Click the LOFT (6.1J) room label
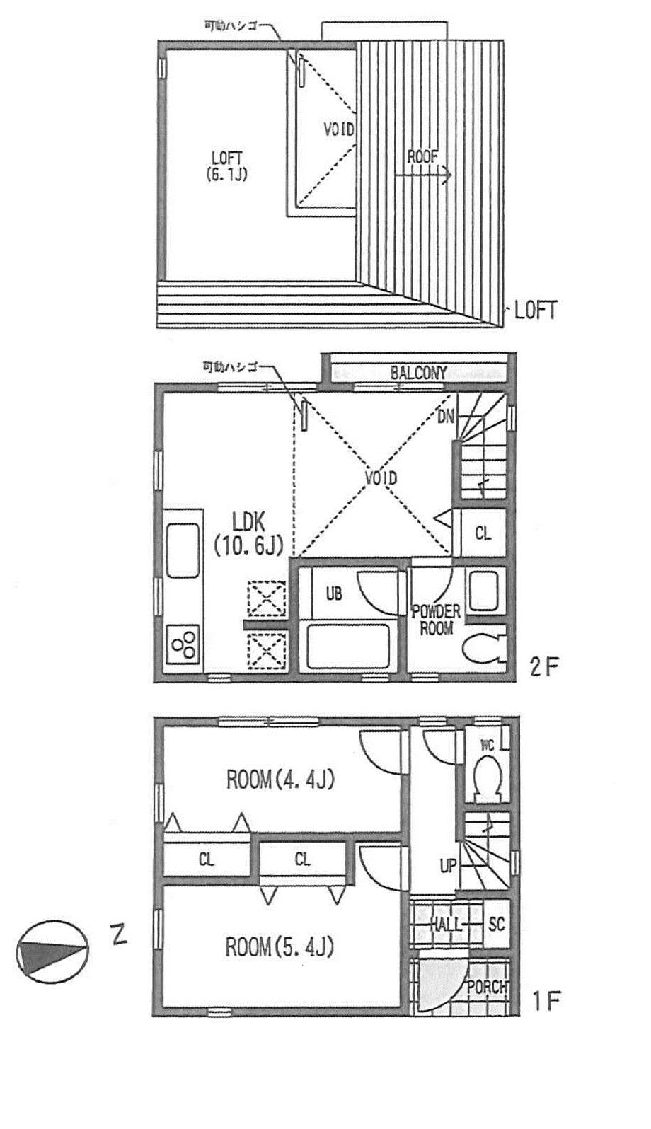(227, 166)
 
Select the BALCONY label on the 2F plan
(419, 373)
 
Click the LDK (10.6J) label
(248, 533)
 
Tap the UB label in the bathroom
(334, 594)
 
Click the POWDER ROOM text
(436, 619)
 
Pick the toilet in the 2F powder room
(483, 647)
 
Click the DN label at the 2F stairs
(445, 417)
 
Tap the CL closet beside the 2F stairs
(483, 533)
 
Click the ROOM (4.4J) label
(280, 780)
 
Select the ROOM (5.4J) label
(280, 946)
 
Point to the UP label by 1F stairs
(448, 865)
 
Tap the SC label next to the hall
(497, 924)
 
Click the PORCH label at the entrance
(487, 987)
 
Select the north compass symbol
(52, 951)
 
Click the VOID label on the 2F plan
(381, 478)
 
